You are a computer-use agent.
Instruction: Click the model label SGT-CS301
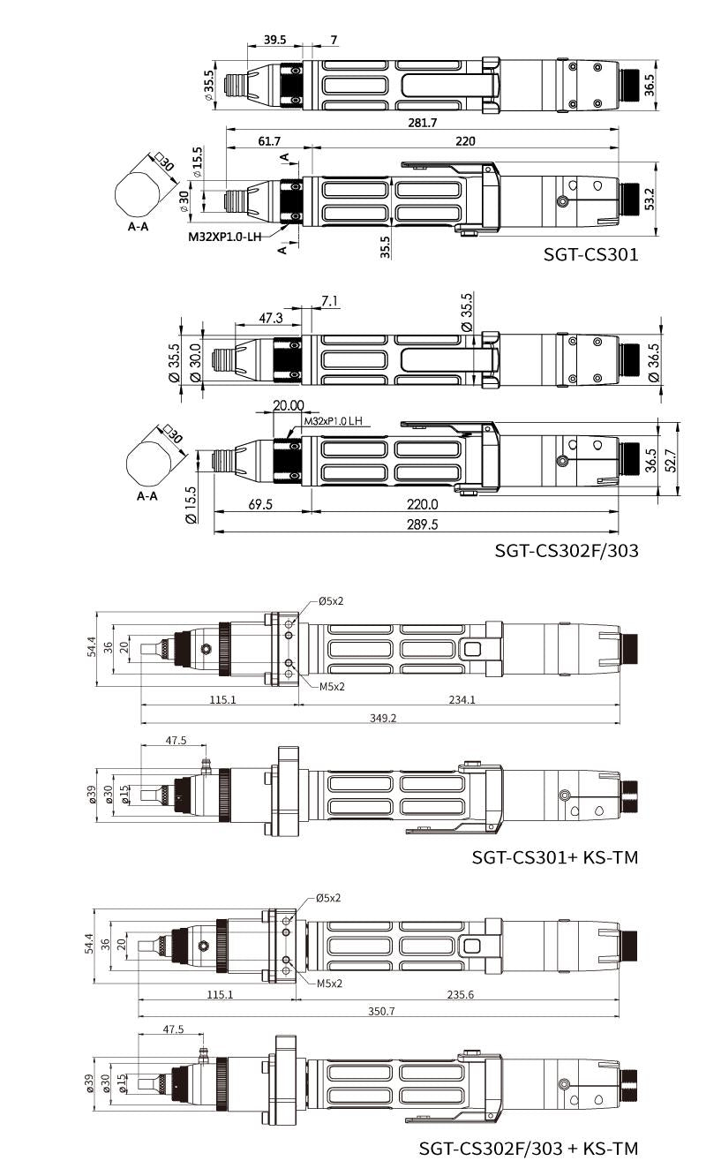590,254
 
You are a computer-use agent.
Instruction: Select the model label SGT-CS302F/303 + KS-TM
528,1148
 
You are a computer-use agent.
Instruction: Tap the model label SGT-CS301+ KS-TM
555,857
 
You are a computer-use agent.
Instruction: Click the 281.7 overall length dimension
423,123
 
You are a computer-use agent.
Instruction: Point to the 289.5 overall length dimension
423,524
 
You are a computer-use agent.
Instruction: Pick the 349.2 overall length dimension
383,718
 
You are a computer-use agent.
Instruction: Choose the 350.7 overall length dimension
381,1011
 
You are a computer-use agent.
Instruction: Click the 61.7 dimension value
269,141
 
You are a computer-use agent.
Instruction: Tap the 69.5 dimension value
260,504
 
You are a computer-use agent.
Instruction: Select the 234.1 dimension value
462,699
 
